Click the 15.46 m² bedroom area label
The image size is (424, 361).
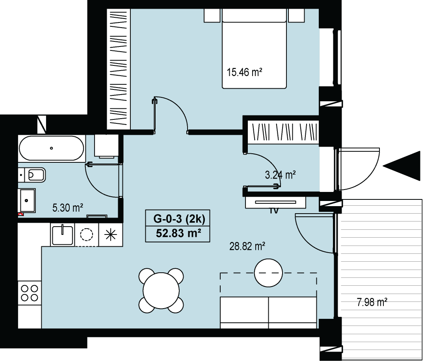244,73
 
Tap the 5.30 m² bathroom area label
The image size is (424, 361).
68,208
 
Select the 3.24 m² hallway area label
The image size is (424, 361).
280,175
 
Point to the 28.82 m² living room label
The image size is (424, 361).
247,246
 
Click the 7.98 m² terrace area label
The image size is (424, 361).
372,302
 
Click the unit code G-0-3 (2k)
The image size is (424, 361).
179,218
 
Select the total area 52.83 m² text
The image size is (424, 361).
179,233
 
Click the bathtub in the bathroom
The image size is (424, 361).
51,148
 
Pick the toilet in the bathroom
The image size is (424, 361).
35,175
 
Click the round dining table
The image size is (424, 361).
161,291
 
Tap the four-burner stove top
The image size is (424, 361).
30,293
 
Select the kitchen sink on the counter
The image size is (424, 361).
63,234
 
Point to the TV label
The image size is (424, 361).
274,211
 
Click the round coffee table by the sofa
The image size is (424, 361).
268,273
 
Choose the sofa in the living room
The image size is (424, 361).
268,312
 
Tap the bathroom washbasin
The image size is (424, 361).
26,200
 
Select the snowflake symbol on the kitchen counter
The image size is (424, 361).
111,234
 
